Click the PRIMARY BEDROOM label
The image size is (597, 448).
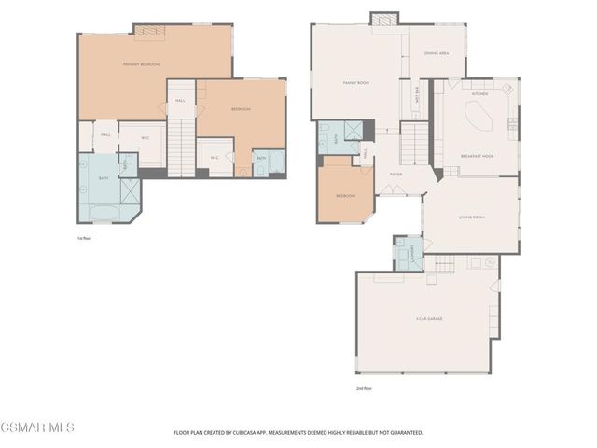tap(141, 64)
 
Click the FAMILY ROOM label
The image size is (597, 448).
tap(356, 83)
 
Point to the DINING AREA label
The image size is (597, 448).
tap(437, 53)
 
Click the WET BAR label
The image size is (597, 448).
tap(415, 94)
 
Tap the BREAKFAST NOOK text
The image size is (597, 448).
tap(476, 155)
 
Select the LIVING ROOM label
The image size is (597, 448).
tap(471, 217)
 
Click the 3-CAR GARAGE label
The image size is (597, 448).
tap(428, 319)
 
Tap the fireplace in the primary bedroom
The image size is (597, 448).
tap(149, 32)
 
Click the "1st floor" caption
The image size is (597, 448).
tap(84, 239)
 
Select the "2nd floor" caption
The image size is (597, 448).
tap(364, 387)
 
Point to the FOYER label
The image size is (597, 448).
tap(396, 175)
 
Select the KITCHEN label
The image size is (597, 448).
tap(480, 94)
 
